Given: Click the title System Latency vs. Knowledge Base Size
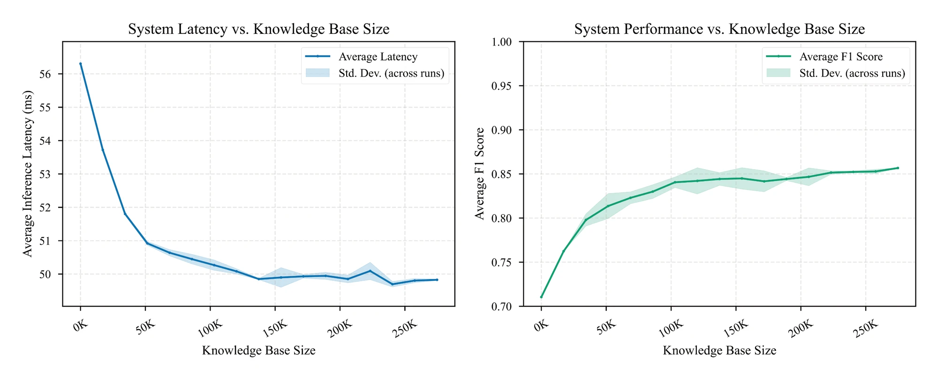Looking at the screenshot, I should point(258,29).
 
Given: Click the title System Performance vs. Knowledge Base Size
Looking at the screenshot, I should point(719,29).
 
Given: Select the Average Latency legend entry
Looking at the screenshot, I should point(378,57).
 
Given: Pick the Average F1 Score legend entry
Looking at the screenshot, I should point(840,57).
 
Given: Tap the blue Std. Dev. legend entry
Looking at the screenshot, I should point(391,73).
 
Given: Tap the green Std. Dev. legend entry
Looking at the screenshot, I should point(852,73).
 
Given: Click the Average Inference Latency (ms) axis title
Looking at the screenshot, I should point(28,174).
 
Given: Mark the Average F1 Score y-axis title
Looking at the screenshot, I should point(479,174).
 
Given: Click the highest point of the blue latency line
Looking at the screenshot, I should point(81,64).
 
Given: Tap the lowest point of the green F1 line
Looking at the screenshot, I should point(541,297).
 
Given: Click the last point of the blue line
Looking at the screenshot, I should point(437,280).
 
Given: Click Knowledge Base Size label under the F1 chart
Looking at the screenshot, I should point(719,350).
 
